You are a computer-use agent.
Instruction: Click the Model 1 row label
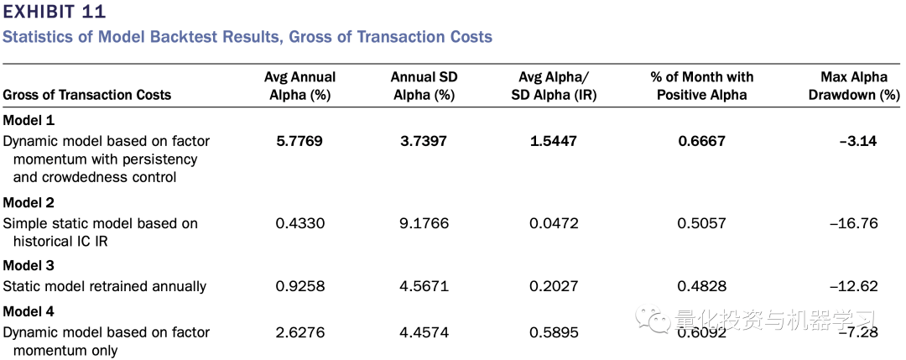pos(28,120)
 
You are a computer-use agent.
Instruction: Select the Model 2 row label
pos(28,202)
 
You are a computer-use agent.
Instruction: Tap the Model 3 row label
pos(28,265)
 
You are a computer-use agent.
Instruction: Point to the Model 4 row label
pos(28,311)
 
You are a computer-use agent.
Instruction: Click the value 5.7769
pos(299,141)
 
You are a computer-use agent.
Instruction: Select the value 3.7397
pos(424,141)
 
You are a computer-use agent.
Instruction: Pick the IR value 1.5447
pos(554,141)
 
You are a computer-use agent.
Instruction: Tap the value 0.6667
pos(701,141)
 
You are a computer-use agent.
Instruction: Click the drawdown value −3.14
pos(857,141)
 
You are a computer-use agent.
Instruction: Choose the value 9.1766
pos(424,223)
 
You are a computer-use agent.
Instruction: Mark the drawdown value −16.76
pos(853,223)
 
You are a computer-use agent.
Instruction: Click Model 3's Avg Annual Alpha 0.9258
pos(299,286)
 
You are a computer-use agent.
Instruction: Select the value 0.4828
pos(701,286)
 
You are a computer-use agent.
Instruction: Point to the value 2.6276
pos(299,332)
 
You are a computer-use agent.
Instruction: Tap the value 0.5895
pos(554,332)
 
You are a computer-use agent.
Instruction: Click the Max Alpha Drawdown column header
pos(854,86)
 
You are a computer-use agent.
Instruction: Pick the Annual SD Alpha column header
pos(424,86)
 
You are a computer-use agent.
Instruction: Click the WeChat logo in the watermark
pos(651,320)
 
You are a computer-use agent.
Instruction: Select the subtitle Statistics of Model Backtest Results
pos(247,37)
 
